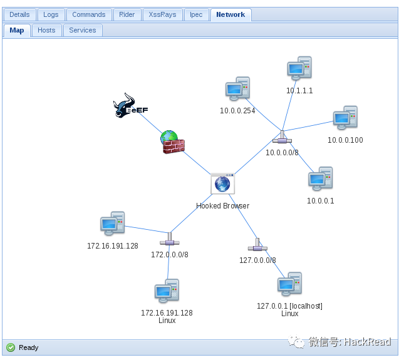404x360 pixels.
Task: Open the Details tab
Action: (19, 14)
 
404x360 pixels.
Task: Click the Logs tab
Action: (51, 14)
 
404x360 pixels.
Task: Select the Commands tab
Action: (88, 14)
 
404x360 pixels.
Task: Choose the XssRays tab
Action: (163, 14)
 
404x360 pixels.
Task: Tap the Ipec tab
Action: (196, 14)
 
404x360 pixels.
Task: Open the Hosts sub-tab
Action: (46, 30)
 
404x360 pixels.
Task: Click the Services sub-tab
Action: (83, 30)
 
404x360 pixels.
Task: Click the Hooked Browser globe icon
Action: (222, 184)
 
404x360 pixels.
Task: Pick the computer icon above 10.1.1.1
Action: (299, 69)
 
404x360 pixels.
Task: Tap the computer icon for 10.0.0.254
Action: (237, 90)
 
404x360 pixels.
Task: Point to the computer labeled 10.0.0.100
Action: (345, 118)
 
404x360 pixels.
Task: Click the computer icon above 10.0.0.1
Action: (320, 179)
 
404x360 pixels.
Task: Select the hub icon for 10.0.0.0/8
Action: (282, 138)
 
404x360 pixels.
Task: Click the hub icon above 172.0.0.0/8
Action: (169, 240)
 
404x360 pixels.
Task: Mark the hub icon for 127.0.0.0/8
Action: (257, 246)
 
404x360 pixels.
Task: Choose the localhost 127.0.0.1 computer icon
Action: (289, 285)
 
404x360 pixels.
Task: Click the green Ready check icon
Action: (11, 347)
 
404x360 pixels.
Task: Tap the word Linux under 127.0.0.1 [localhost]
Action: (289, 314)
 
